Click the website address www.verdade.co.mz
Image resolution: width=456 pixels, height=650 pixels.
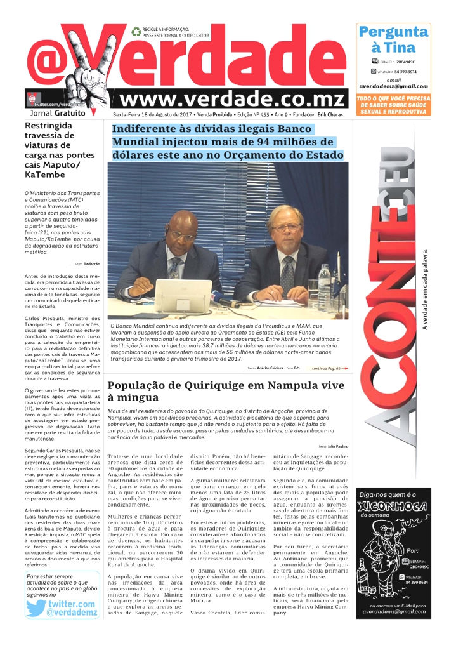[233, 99]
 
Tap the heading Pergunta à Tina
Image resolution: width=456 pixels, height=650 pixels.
[393, 39]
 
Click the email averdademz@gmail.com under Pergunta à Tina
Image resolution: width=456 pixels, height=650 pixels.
[393, 86]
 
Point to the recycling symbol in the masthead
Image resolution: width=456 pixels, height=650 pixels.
[136, 31]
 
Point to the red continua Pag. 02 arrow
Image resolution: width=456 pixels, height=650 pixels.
[330, 368]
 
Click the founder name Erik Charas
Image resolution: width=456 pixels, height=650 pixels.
[330, 114]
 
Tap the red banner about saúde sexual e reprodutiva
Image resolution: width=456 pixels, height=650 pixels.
[393, 105]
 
